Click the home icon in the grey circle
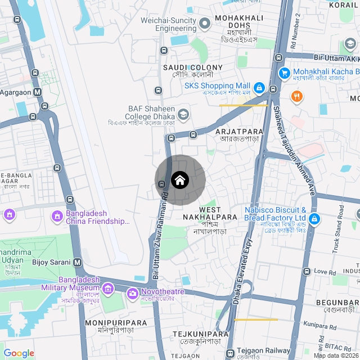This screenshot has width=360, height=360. tap(180, 180)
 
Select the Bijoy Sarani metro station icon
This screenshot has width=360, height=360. tap(77, 262)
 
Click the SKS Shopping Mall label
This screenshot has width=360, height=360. tap(217, 85)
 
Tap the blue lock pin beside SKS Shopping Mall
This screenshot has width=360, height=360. tap(259, 88)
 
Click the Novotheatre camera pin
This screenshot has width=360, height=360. tap(133, 292)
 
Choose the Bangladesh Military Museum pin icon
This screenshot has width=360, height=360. tap(108, 289)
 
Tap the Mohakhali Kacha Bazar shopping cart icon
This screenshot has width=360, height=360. tap(284, 73)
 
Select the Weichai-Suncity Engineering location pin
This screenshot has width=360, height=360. tap(204, 23)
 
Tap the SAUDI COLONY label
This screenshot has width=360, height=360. tap(192, 67)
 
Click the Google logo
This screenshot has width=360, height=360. tap(19, 353)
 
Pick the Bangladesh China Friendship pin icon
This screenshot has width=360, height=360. tap(57, 216)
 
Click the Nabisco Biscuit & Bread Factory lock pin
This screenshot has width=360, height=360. tap(314, 218)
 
